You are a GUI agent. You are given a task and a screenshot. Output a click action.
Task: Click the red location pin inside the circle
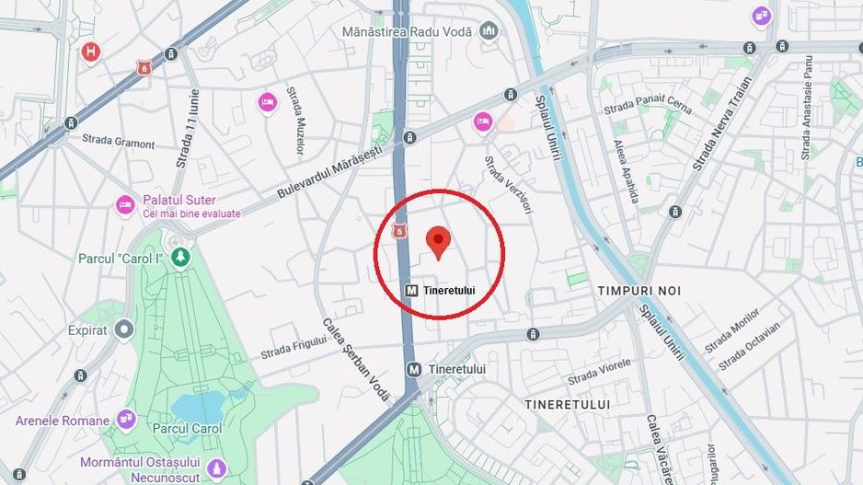tap(439, 242)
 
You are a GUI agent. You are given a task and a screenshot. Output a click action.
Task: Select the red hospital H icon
tap(90, 52)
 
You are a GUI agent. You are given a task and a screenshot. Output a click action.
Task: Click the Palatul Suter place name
tap(179, 200)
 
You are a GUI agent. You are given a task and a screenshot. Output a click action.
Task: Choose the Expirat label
tap(87, 329)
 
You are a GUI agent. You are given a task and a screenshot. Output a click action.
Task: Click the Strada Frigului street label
tap(293, 347)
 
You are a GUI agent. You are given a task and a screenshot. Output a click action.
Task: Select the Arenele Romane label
tap(63, 421)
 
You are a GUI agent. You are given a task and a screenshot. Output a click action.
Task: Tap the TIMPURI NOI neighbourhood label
tap(639, 290)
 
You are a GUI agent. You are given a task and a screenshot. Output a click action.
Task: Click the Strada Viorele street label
tap(600, 372)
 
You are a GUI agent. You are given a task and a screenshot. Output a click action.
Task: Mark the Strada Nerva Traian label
tap(722, 122)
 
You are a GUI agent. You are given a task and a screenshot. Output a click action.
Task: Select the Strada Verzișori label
tap(509, 185)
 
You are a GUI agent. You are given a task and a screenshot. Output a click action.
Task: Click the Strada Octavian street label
tap(749, 345)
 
